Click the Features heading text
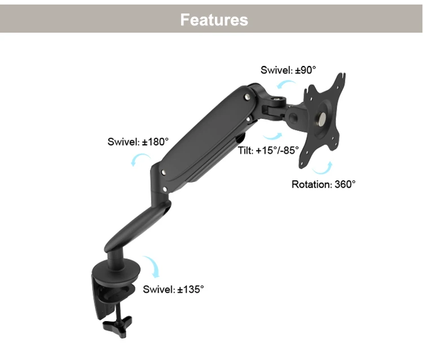click(214, 20)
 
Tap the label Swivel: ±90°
click(288, 70)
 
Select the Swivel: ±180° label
click(138, 142)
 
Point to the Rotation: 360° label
click(324, 184)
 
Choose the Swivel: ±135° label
click(173, 290)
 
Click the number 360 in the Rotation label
click(342, 184)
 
